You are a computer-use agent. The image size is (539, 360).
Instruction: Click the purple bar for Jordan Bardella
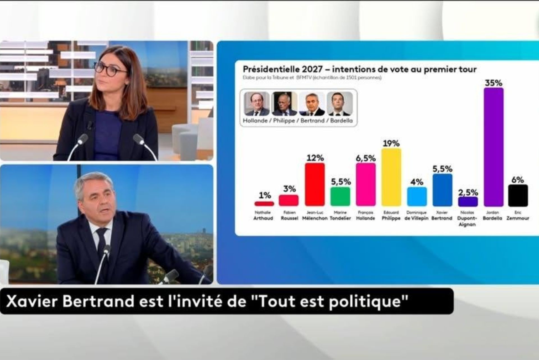[x=493, y=147]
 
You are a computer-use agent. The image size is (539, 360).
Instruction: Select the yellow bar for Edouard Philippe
[x=391, y=177]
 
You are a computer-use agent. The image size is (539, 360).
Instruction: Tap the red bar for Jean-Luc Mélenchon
[x=315, y=184]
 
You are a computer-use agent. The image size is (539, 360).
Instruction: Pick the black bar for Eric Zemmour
[x=518, y=195]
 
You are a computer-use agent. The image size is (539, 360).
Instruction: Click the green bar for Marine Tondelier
[x=340, y=197]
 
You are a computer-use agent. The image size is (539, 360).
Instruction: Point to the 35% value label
[x=493, y=83]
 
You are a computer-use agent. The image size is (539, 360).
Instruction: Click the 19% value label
[x=391, y=143]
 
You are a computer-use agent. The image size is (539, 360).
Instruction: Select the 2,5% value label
[x=468, y=193]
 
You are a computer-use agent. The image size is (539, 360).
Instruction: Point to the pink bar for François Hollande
[x=366, y=184]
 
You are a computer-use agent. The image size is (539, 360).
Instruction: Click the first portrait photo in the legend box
[x=256, y=104]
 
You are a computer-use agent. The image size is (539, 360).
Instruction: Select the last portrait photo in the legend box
[x=340, y=104]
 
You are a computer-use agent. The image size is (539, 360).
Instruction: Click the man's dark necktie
[x=101, y=240]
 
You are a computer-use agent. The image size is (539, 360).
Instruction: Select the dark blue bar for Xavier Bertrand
[x=442, y=190]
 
